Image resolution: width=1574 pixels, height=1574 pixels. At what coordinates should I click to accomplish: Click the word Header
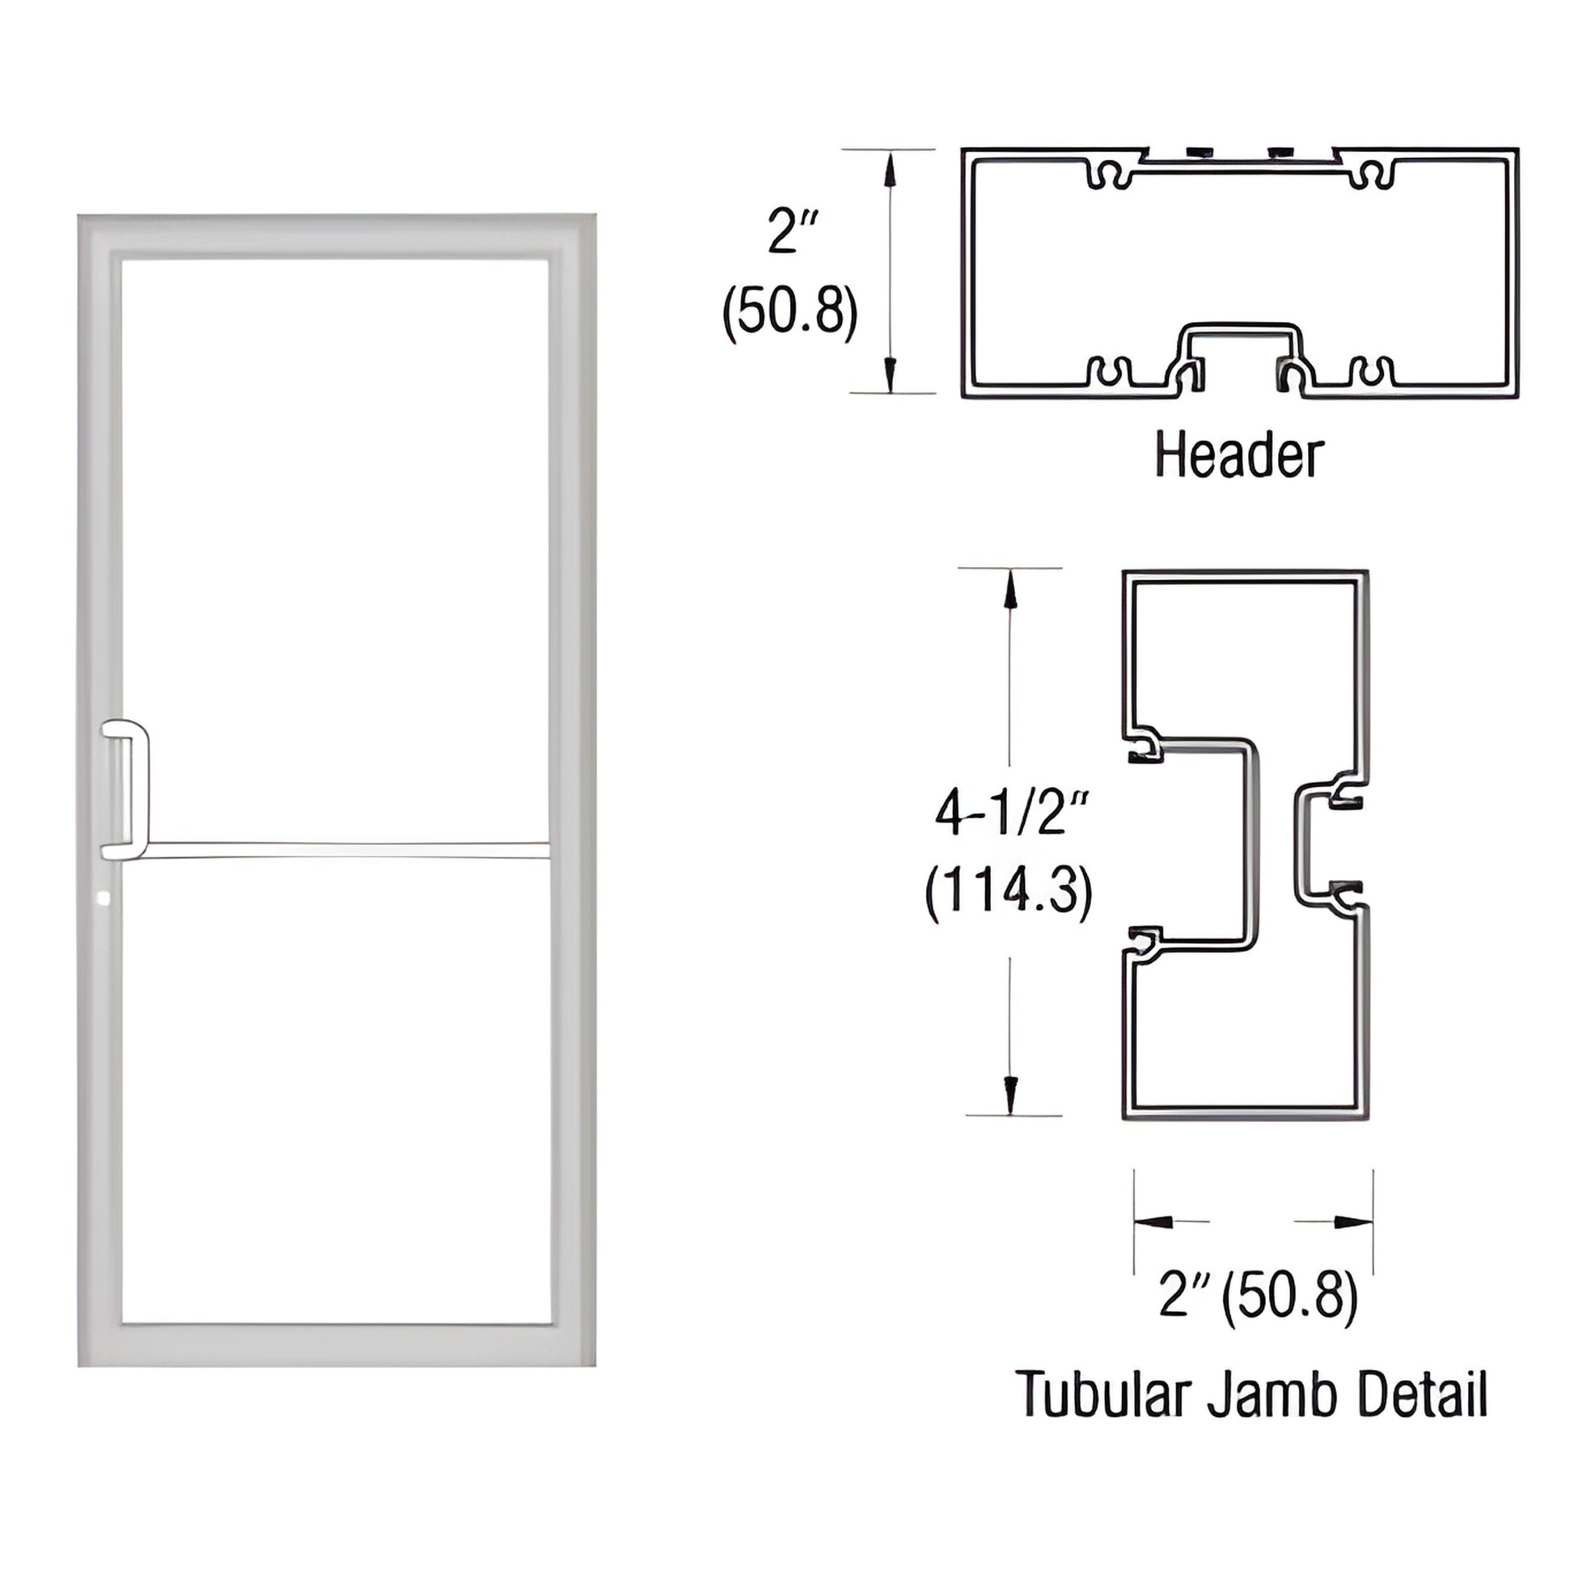pos(1239,456)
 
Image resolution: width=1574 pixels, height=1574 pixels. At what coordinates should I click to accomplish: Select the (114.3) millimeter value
pos(1009,894)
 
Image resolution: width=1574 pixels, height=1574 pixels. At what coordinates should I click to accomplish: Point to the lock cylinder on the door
pos(103,899)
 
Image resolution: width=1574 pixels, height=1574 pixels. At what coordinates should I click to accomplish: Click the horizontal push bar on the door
pos(342,850)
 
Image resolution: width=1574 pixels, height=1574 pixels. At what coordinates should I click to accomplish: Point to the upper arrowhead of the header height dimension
pos(891,167)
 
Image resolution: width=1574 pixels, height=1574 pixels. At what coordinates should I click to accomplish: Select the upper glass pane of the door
pos(335,546)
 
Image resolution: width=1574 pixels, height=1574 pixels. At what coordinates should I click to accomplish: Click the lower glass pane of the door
pos(335,1100)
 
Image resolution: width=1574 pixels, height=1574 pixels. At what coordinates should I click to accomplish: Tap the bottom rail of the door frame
pos(336,1345)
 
